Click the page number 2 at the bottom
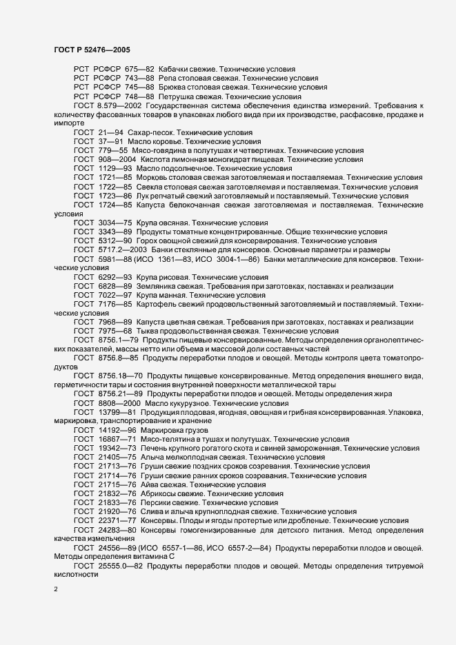coord(55,589)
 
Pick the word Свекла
coord(151,187)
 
